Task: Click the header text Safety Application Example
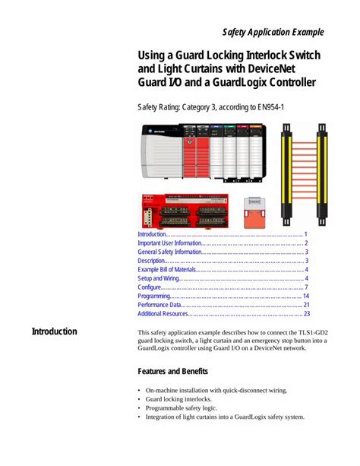click(273, 32)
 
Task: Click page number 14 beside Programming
click(306, 296)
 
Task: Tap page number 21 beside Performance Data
click(306, 305)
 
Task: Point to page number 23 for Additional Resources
click(306, 314)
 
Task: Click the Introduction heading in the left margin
click(54, 331)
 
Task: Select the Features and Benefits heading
click(175, 372)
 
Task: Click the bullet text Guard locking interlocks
click(179, 398)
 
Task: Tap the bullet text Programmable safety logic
click(183, 407)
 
